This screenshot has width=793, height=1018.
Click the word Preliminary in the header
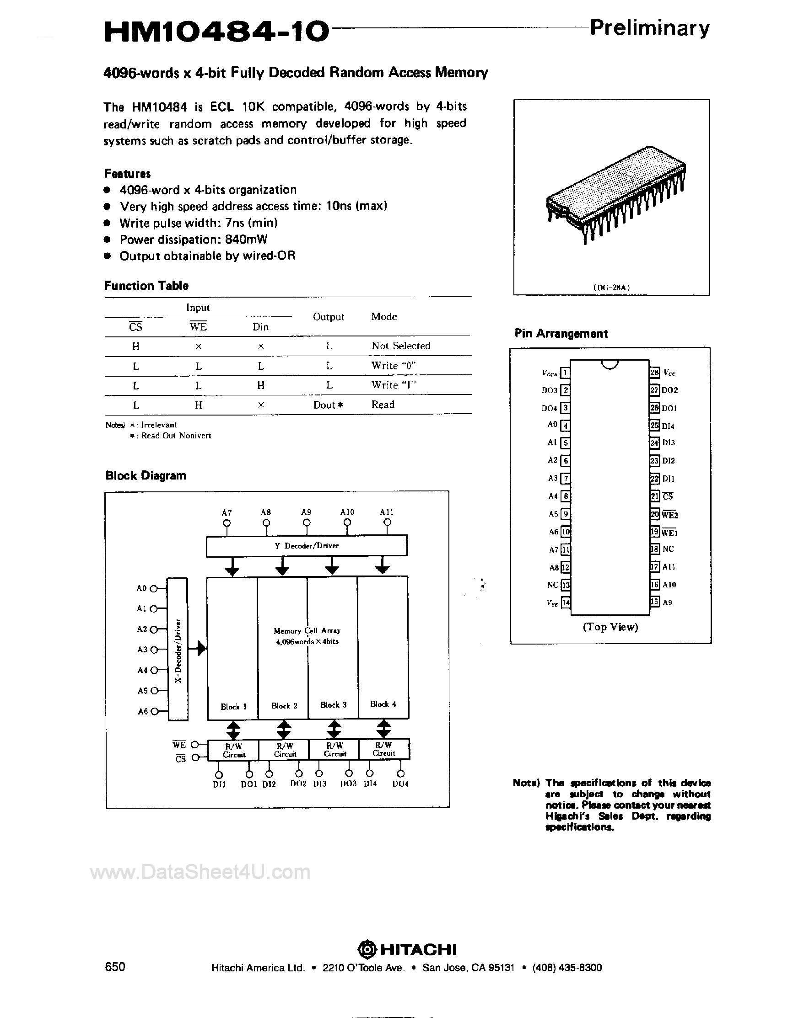(x=649, y=29)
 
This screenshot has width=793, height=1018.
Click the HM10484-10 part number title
(x=216, y=32)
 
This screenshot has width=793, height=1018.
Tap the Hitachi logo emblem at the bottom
(x=367, y=949)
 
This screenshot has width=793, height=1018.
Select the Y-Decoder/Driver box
(x=307, y=545)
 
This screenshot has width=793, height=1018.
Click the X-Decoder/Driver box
(x=178, y=649)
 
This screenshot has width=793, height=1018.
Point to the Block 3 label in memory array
(x=333, y=705)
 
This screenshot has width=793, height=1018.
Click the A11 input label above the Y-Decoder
(x=387, y=512)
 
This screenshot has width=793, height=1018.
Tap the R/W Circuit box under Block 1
(x=233, y=750)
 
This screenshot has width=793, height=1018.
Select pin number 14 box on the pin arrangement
(x=566, y=602)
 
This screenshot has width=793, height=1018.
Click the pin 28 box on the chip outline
(x=654, y=372)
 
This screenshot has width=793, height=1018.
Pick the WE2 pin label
(x=670, y=515)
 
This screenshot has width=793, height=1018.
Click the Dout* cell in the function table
(x=329, y=405)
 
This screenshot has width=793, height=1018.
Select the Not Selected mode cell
(x=401, y=346)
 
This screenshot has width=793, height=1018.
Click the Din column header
(x=260, y=327)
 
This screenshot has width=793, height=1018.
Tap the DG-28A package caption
(x=611, y=288)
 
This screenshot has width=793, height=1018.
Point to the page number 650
(x=115, y=967)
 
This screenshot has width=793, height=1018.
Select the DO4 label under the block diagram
(x=400, y=784)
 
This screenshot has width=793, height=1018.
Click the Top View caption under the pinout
(x=610, y=627)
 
